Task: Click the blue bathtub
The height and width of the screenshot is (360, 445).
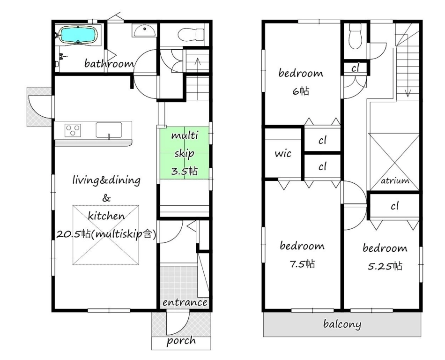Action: point(78,36)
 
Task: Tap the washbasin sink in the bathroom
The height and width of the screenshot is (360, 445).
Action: point(144,30)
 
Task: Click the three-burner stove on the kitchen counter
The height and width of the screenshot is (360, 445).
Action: point(73,130)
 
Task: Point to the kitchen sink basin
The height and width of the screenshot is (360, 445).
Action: point(109,130)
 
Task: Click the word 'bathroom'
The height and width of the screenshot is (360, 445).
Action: point(109,63)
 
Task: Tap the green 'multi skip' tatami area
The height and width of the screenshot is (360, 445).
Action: point(185,153)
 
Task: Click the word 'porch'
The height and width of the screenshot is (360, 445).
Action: point(181,341)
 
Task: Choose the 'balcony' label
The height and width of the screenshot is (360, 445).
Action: point(342,324)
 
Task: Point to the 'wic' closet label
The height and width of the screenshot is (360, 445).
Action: point(283,154)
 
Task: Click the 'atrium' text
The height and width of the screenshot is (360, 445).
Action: point(395,180)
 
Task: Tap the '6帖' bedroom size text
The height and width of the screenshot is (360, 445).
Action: point(301,91)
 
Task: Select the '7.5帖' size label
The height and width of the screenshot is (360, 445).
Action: point(302,264)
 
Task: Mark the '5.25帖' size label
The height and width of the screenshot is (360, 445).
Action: point(385,266)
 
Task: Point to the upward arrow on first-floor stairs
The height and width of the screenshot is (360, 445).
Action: point(198,65)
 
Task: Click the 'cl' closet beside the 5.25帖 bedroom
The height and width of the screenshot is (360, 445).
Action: point(394,206)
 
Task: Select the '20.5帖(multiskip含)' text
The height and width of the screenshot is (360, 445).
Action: point(106,234)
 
